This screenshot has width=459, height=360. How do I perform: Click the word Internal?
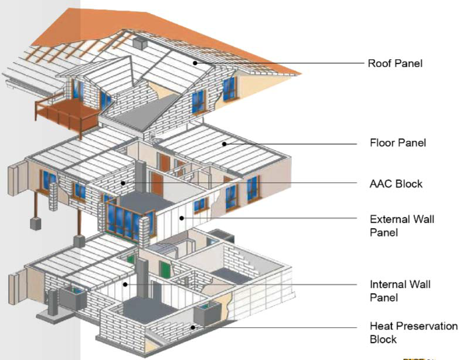tap(386, 284)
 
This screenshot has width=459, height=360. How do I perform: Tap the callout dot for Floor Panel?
tap(224, 142)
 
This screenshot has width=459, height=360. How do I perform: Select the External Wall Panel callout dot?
tap(181, 218)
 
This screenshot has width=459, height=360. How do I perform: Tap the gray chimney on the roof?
tap(139, 42)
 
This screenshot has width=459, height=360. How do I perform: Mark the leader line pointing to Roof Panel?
tap(276, 62)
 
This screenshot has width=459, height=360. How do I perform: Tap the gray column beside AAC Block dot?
tap(140, 176)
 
